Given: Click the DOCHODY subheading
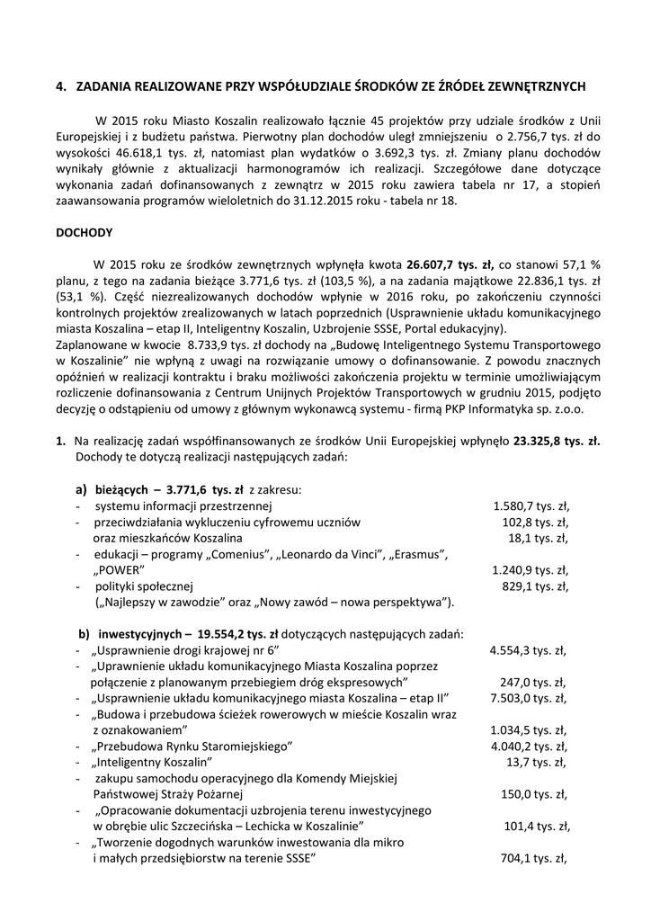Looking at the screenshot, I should point(84,232).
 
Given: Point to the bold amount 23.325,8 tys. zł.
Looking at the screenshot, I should point(557,442).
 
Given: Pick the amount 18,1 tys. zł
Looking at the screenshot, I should point(539,538).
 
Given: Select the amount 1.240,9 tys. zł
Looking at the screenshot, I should point(531,570).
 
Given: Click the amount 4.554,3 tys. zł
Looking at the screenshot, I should point(528,650).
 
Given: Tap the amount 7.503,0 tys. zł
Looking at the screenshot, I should point(528,699).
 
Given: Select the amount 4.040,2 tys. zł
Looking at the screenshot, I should point(529,747).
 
